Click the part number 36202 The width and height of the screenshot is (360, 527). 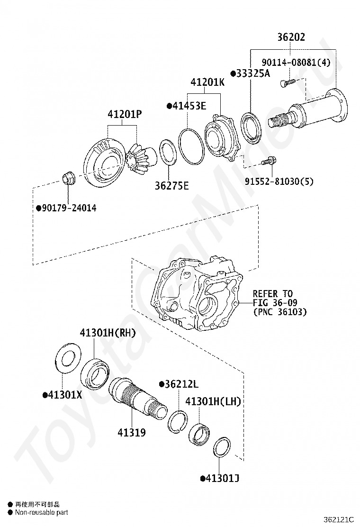(x=291, y=36)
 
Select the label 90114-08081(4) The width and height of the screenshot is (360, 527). (x=296, y=62)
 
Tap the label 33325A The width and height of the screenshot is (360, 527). (x=253, y=73)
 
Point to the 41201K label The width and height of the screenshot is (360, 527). (x=207, y=82)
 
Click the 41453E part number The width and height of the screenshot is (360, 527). (x=189, y=106)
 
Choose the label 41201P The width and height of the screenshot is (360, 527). (x=125, y=114)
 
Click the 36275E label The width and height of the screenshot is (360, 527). (x=171, y=185)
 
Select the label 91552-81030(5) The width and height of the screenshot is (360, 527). (x=279, y=182)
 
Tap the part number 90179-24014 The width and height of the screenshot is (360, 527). (x=69, y=208)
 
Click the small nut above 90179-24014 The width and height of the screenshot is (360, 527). (x=69, y=177)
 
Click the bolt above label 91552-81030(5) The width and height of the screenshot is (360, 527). (x=269, y=161)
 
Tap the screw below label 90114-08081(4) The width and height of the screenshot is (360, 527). (x=287, y=82)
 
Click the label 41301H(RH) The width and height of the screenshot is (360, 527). (x=108, y=333)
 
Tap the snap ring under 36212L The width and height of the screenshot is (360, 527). (x=178, y=421)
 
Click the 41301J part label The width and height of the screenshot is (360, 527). (x=222, y=478)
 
